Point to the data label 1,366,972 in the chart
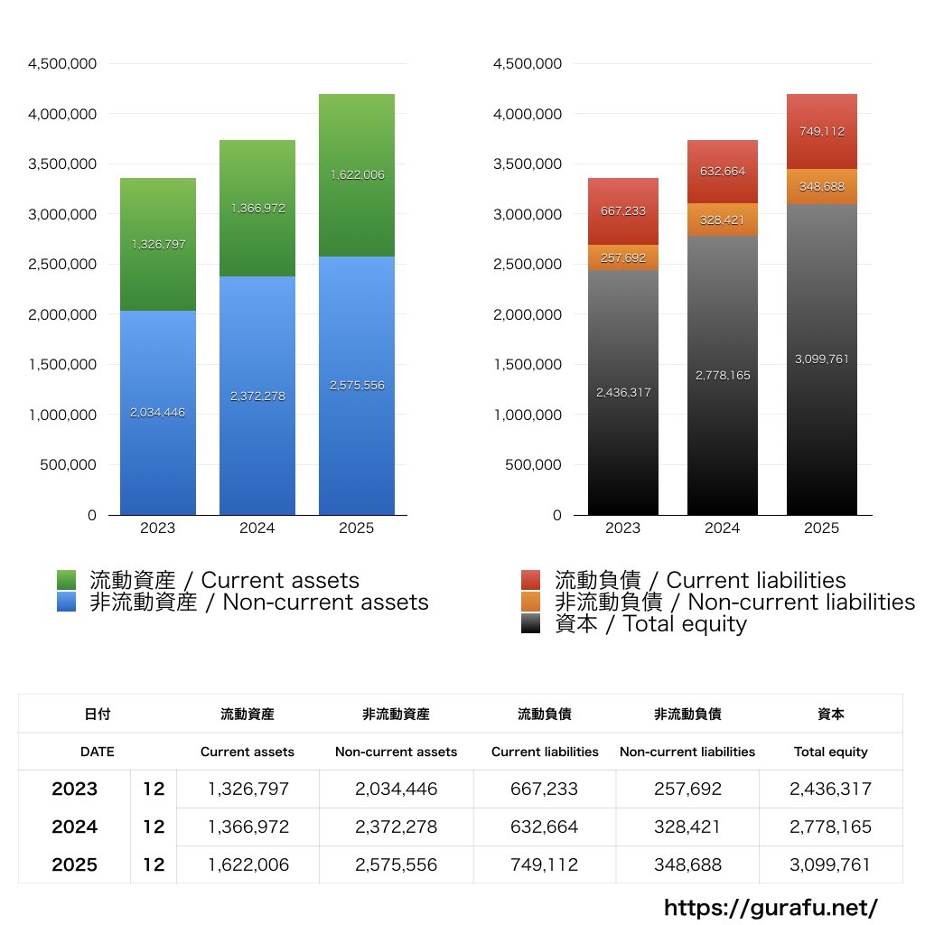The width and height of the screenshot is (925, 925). coord(257,209)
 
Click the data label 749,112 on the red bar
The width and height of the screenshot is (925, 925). coord(821,131)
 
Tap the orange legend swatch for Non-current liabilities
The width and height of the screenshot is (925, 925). coord(531,602)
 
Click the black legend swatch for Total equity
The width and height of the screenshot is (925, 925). coord(531,623)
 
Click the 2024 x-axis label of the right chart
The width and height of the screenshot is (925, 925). coord(722,528)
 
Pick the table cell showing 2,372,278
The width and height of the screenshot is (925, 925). coord(396,827)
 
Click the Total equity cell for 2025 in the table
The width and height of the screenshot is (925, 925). coord(830,864)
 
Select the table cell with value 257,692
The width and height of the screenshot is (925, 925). coord(687,789)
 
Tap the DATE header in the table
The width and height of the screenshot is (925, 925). coord(97,752)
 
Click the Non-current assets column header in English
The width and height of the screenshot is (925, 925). coord(396,752)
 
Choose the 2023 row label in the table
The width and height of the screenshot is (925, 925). coord(74,789)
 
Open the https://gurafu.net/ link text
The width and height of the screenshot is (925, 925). coord(771,907)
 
